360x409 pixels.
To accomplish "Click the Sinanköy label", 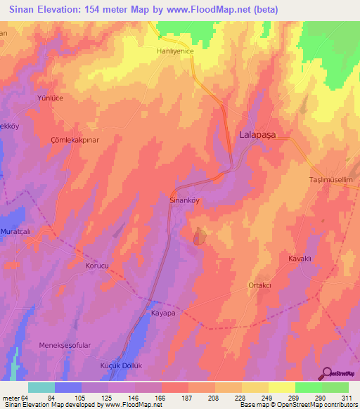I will (x=186, y=200).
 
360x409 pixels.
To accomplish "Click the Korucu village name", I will (x=98, y=266).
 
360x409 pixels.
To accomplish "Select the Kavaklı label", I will (x=300, y=259).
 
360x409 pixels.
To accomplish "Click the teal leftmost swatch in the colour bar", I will (x=41, y=387).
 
